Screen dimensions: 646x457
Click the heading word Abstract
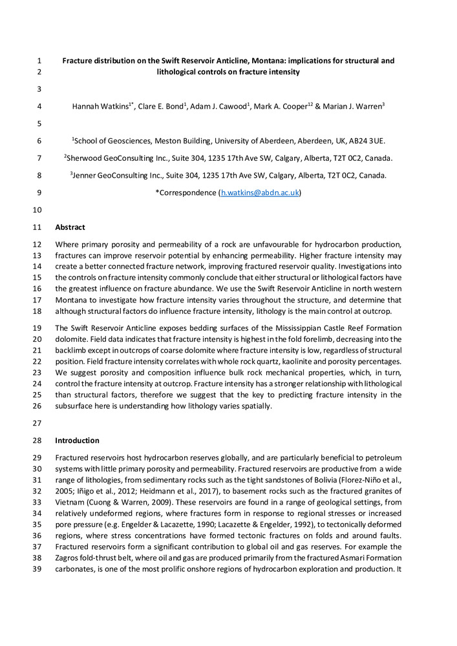[70, 227]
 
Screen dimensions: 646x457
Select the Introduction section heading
[77, 441]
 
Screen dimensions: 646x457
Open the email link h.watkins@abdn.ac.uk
[260, 193]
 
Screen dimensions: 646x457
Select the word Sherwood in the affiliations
[86, 158]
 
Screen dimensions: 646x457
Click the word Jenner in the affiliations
[87, 175]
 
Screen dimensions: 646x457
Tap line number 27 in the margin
[36, 423]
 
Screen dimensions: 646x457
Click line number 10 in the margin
[36, 210]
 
